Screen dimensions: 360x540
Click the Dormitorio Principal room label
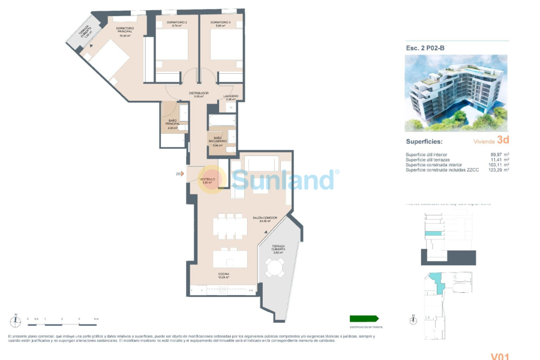pyautogui.click(x=124, y=30)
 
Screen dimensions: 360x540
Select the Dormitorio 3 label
pyautogui.click(x=221, y=24)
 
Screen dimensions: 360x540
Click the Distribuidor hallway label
pyautogui.click(x=199, y=94)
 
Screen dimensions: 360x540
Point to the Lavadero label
pyautogui.click(x=232, y=97)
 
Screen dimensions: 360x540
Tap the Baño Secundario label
pyautogui.click(x=217, y=142)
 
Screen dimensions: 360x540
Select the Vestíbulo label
pyautogui.click(x=208, y=180)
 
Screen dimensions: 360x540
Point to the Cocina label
pyautogui.click(x=223, y=275)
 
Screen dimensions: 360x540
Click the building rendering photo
pyautogui.click(x=455, y=93)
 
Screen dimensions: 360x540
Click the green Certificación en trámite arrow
pyautogui.click(x=364, y=319)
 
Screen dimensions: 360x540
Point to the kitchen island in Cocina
pyautogui.click(x=230, y=259)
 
